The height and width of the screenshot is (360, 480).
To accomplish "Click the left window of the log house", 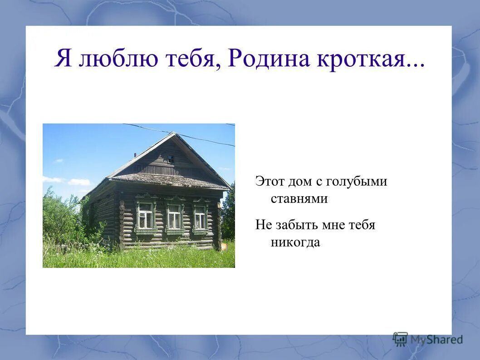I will click(x=145, y=216).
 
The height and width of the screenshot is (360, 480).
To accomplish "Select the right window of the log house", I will click(x=200, y=217).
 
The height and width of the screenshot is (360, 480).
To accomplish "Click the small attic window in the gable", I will click(x=171, y=159).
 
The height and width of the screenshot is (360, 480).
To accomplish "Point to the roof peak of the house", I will click(x=174, y=133).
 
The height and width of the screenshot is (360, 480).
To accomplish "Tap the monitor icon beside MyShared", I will click(x=400, y=339).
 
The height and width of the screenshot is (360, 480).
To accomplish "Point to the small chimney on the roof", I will click(x=135, y=155).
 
